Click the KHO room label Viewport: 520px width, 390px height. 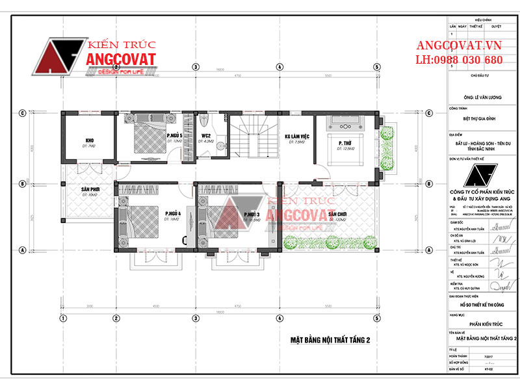(x=90, y=140)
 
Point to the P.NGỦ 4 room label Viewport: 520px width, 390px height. (x=172, y=214)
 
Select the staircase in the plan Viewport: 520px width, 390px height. (x=251, y=137)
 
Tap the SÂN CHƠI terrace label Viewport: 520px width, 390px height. (x=336, y=214)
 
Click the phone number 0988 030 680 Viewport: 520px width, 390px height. (x=459, y=60)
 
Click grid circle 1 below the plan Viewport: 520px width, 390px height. (x=63, y=318)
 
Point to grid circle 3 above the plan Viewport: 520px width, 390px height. (x=194, y=66)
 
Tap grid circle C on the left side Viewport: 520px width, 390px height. (x=21, y=112)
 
